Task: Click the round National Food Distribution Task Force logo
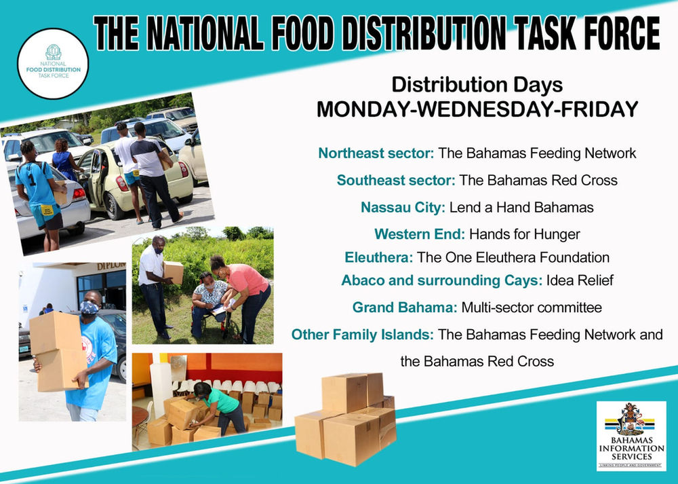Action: [x=53, y=64]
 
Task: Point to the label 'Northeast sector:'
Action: [x=376, y=153]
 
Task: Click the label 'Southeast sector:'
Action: [x=395, y=181]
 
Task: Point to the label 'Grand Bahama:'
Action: [x=405, y=308]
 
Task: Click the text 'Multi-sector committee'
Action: [x=532, y=308]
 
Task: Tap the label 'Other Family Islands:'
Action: [x=363, y=335]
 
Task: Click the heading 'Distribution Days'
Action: [x=477, y=85]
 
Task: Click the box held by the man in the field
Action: [x=174, y=272]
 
